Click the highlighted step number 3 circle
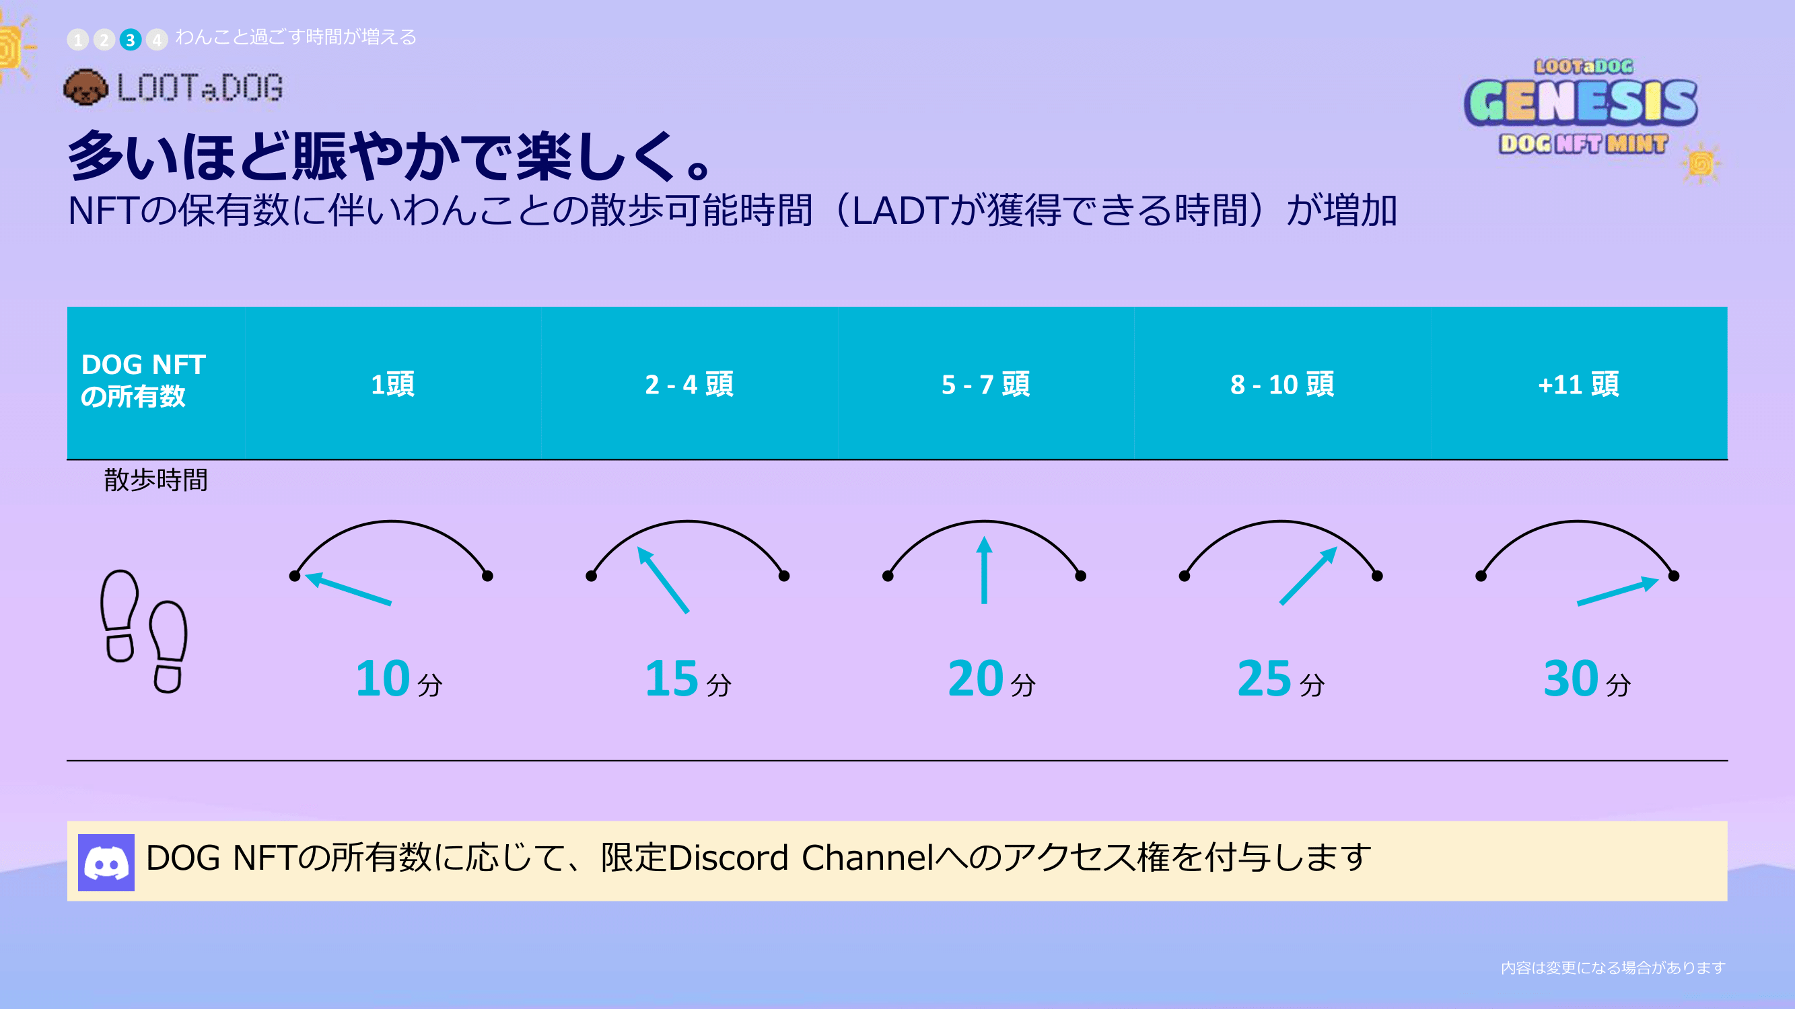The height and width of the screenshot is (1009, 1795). [x=131, y=40]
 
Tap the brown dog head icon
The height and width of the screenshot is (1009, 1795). [x=85, y=87]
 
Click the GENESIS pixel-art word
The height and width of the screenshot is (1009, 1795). [x=1581, y=102]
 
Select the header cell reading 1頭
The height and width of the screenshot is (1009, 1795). [x=393, y=383]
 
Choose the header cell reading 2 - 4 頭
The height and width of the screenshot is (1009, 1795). [x=689, y=383]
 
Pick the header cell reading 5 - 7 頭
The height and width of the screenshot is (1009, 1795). [x=986, y=383]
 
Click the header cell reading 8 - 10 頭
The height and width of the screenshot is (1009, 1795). [x=1282, y=383]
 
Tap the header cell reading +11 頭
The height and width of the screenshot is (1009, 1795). [x=1579, y=383]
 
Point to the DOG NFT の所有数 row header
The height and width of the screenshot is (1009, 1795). [x=143, y=380]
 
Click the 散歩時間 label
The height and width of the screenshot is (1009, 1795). [x=156, y=480]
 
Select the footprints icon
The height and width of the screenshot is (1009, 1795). [x=144, y=631]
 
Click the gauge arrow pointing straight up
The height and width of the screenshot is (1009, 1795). [x=984, y=570]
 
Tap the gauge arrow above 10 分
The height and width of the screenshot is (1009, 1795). [x=348, y=589]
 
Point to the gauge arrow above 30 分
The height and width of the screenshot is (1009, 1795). [x=1618, y=591]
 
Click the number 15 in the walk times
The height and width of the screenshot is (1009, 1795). [x=672, y=678]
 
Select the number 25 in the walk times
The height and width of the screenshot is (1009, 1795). [x=1265, y=678]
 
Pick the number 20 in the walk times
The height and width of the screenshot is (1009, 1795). [x=975, y=678]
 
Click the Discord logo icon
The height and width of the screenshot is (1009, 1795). [x=106, y=863]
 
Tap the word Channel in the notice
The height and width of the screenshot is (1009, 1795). [x=868, y=858]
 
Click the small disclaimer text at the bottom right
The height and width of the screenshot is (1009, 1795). [x=1613, y=968]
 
